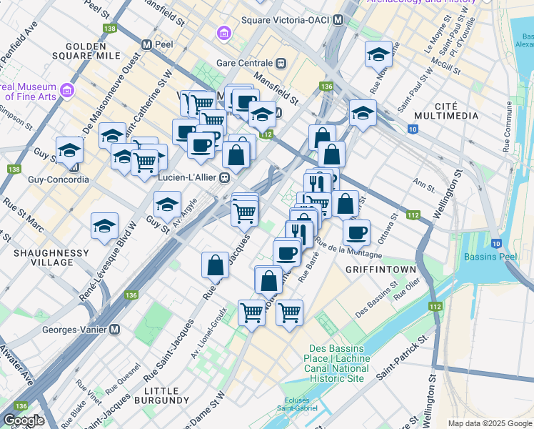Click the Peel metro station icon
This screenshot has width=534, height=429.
(x=147, y=44)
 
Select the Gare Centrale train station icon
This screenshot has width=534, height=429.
(x=282, y=62)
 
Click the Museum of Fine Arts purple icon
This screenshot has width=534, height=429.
(x=68, y=91)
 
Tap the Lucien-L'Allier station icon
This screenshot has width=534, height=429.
(x=224, y=177)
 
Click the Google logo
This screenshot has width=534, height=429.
(x=24, y=420)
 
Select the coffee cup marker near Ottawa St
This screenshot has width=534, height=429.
(x=356, y=232)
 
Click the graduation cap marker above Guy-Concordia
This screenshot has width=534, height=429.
(x=70, y=149)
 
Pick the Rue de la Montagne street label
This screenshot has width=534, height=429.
(x=349, y=250)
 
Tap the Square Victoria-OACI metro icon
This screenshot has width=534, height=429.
(x=338, y=20)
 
